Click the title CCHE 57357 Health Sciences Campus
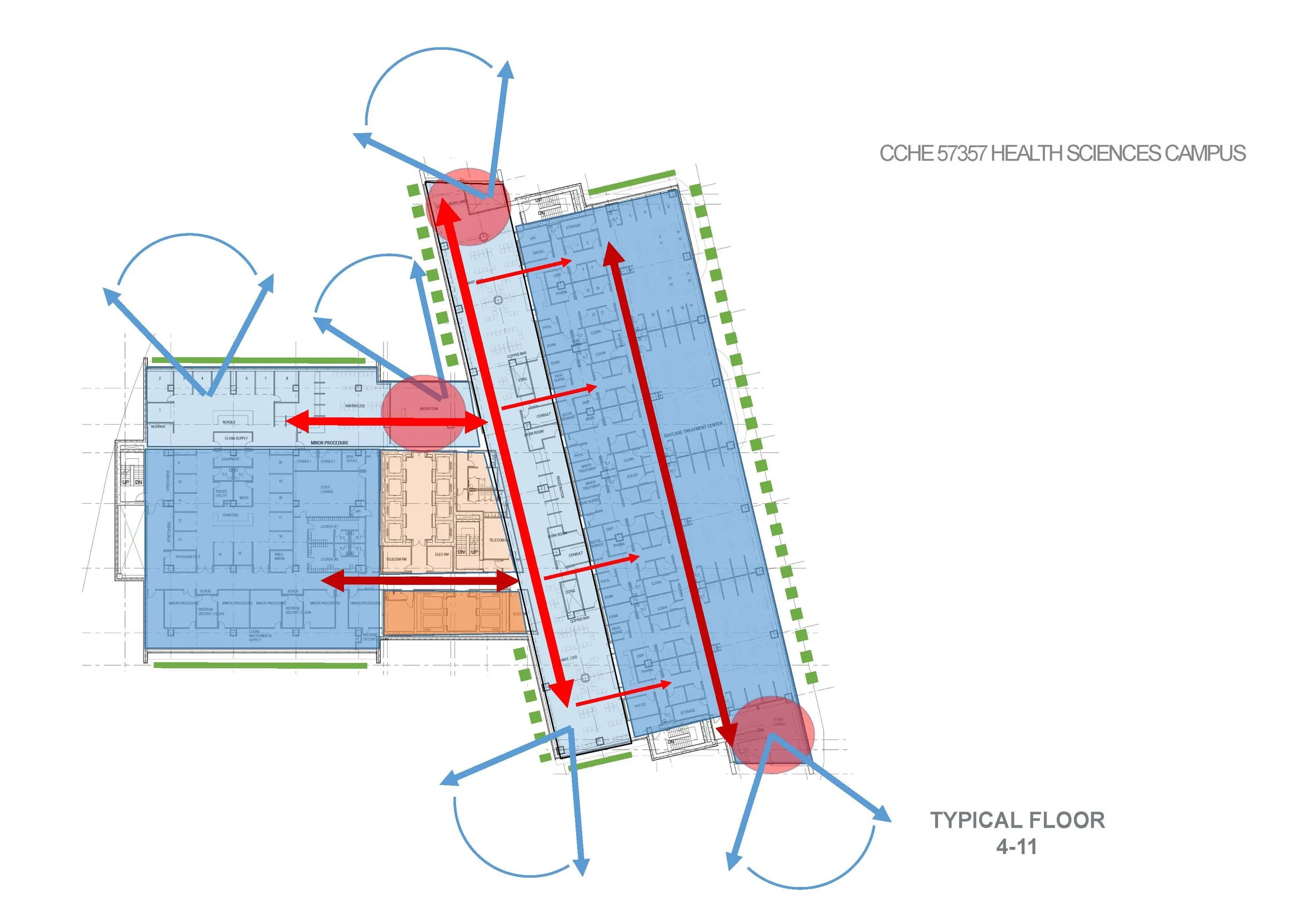click(1062, 154)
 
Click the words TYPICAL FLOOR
click(1017, 820)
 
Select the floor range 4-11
click(1016, 847)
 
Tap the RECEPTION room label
click(428, 409)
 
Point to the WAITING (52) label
click(355, 406)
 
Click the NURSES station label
click(229, 422)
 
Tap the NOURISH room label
click(158, 427)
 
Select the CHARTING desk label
click(230, 516)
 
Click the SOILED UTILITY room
click(221, 493)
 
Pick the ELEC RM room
click(442, 554)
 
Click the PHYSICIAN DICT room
click(187, 557)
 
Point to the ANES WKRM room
click(279, 556)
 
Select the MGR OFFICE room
click(351, 458)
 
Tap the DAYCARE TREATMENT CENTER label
click(693, 429)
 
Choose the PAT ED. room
click(640, 705)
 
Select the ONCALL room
click(538, 252)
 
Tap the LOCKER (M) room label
click(329, 559)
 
